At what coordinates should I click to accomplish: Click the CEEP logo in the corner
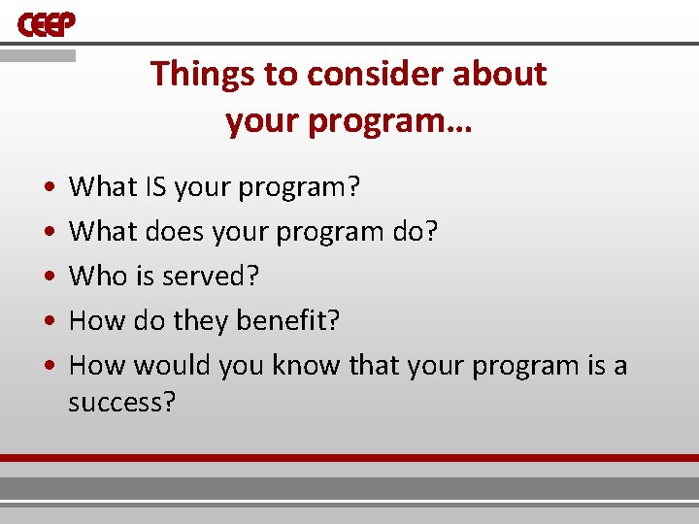46,25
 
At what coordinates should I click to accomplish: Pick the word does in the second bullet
167,231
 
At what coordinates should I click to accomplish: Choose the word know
306,366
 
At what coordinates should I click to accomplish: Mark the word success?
121,403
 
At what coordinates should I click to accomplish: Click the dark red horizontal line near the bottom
349,457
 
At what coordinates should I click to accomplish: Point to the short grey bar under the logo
38,56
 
